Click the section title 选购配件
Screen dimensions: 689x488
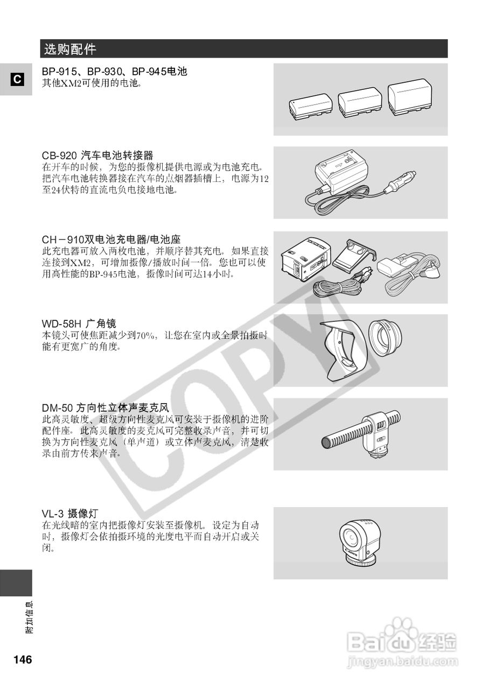pyautogui.click(x=70, y=50)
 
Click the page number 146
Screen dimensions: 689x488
pyautogui.click(x=23, y=660)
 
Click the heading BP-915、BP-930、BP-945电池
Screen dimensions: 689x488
pyautogui.click(x=114, y=71)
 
